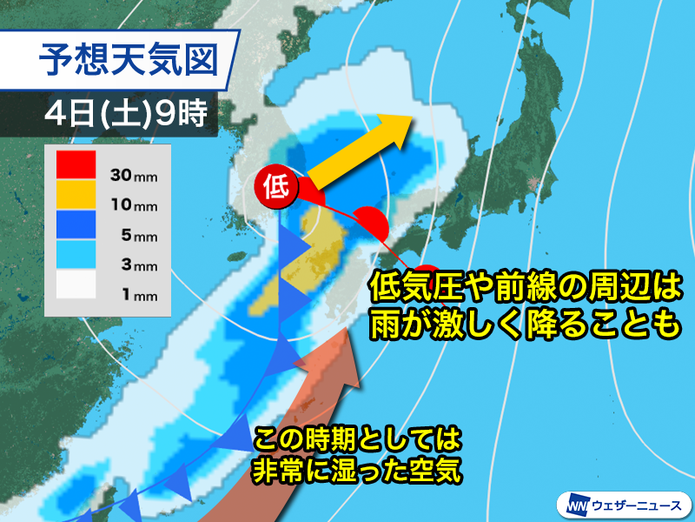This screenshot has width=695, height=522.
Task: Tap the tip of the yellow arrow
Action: tap(410, 124)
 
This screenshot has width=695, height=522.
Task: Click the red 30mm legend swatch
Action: tap(76, 164)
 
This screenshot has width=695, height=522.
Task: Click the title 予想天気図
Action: tap(137, 61)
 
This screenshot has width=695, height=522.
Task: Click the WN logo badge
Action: tap(575, 504)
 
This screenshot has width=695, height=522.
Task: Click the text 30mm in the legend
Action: tap(134, 175)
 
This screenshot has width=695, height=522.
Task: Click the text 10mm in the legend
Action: tap(134, 206)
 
